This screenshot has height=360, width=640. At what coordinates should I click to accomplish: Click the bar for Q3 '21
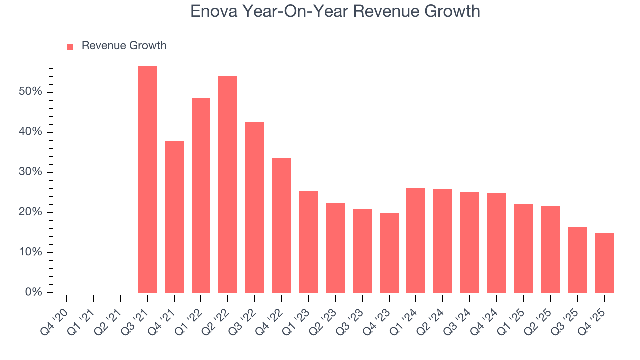pyautogui.click(x=147, y=180)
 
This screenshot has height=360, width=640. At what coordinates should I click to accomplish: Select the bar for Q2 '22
pyautogui.click(x=228, y=184)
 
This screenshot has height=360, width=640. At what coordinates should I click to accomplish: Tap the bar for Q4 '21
pyautogui.click(x=174, y=217)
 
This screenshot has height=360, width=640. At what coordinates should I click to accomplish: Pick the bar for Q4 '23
pyautogui.click(x=389, y=253)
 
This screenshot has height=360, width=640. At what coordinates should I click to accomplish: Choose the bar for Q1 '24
pyautogui.click(x=416, y=240)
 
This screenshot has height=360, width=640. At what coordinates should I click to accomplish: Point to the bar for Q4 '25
pyautogui.click(x=604, y=263)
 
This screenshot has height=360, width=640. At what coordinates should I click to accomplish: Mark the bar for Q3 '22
pyautogui.click(x=255, y=208)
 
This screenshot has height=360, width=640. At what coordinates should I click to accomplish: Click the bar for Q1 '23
pyautogui.click(x=308, y=242)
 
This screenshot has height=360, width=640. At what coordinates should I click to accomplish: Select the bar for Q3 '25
pyautogui.click(x=577, y=260)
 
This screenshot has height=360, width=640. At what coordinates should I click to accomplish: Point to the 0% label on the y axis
pyautogui.click(x=33, y=293)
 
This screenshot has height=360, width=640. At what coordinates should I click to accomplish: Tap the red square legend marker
pyautogui.click(x=70, y=46)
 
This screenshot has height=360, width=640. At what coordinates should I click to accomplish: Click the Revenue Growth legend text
pyautogui.click(x=124, y=46)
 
